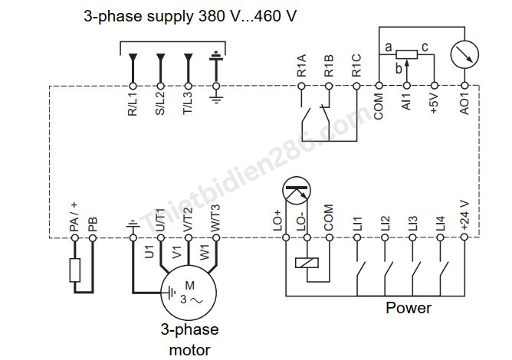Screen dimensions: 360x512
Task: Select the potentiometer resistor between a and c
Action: tap(406, 54)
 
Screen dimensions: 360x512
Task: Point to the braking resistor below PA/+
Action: tap(74, 270)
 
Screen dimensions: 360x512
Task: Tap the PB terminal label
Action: tap(93, 224)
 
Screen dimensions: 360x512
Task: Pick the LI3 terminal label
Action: tap(412, 223)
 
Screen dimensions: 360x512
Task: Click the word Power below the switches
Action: tap(408, 309)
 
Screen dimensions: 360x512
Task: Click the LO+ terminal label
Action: tap(277, 221)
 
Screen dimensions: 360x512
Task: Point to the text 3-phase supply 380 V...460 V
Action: tap(189, 16)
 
